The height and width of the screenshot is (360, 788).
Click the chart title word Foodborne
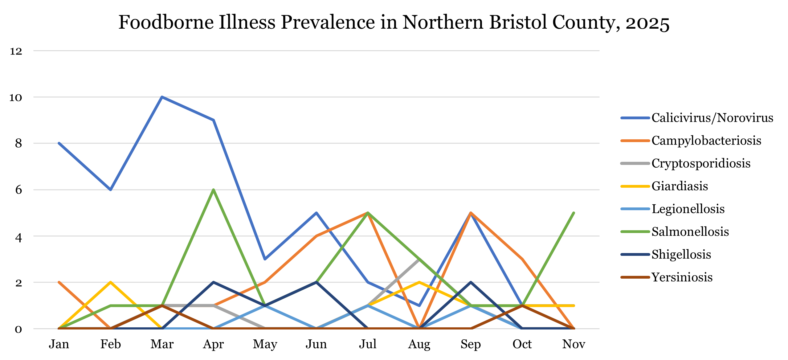pos(166,22)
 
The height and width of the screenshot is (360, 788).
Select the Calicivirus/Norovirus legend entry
pos(712,118)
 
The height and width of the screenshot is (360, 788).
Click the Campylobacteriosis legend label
pos(706,141)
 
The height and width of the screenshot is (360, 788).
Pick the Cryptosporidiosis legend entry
pos(701,163)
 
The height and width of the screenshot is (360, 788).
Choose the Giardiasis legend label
pos(680,186)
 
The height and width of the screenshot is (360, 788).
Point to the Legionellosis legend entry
pos(688,209)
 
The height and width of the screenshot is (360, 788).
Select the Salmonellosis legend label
pos(690,232)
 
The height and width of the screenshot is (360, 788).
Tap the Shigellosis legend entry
pos(681,255)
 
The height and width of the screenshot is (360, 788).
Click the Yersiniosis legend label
pos(682,277)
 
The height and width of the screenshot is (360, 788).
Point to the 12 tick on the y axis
pos(16,51)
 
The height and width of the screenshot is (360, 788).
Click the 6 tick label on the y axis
pos(18,190)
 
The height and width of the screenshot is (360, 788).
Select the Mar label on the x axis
pos(162,344)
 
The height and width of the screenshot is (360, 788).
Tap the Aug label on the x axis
pos(419,344)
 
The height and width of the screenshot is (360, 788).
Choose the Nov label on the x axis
pos(574,344)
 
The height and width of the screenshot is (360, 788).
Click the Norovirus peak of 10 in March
pos(162,97)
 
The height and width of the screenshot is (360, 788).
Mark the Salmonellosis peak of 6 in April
pos(213,190)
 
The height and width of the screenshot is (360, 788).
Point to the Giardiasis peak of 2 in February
pos(110,282)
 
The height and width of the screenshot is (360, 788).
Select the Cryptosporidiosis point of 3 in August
pos(419,259)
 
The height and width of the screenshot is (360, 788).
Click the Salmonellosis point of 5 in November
pos(574,213)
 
